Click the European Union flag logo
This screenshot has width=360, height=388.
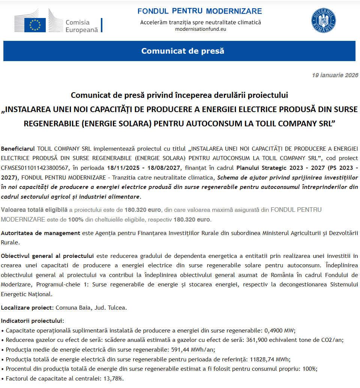pos(35,25)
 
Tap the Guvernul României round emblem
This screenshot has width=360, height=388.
pos(323,20)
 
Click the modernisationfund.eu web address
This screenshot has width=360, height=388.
pos(201,29)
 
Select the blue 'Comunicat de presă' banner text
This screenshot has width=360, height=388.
pos(183,51)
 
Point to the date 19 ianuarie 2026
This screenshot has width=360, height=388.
pos(335,75)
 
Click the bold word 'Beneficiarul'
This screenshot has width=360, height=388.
pos(18,148)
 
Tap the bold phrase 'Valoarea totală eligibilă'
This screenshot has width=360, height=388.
pos(34,210)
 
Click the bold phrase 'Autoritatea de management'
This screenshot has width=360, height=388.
pos(40,233)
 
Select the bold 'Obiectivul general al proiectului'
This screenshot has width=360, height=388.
pos(47,256)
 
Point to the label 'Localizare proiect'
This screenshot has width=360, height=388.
pos(27,308)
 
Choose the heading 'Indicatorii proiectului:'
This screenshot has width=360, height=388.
pos(32,321)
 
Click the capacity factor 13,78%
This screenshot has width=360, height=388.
pos(112,378)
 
